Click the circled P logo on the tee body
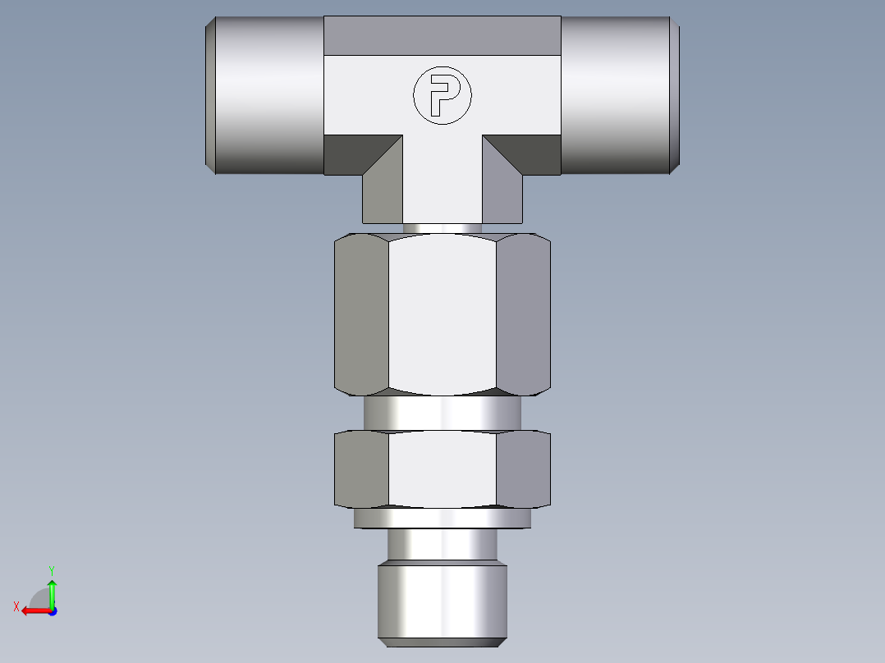pyautogui.click(x=442, y=96)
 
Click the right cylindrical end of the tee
pyautogui.click(x=619, y=95)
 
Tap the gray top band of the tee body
pyautogui.click(x=442, y=35)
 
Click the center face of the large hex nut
pyautogui.click(x=442, y=312)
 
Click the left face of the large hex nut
pyautogui.click(x=361, y=312)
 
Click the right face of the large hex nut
pyautogui.click(x=523, y=312)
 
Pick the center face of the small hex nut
pyautogui.click(x=442, y=468)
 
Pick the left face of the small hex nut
pyautogui.click(x=361, y=468)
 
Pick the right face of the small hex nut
pyautogui.click(x=523, y=468)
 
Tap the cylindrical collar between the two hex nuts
pyautogui.click(x=442, y=414)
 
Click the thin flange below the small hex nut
pyautogui.click(x=442, y=519)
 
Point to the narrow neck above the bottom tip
pyautogui.click(x=442, y=545)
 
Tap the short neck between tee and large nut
pyautogui.click(x=442, y=228)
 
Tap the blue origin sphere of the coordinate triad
pyautogui.click(x=52, y=611)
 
